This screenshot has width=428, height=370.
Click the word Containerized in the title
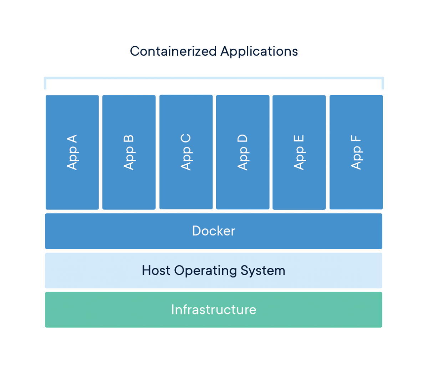click(173, 51)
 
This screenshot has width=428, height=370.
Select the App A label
click(72, 152)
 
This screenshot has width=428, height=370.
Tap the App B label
click(129, 152)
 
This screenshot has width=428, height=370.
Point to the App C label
click(186, 152)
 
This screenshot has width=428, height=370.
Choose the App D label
click(243, 152)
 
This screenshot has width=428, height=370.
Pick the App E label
click(299, 152)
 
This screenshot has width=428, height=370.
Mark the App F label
click(356, 152)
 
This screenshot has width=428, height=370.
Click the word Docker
click(214, 231)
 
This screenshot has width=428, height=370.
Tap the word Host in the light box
click(156, 270)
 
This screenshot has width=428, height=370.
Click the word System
click(263, 271)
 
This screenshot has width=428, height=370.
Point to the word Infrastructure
click(214, 309)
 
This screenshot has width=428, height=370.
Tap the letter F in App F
click(356, 139)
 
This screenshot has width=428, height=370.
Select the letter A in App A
click(72, 139)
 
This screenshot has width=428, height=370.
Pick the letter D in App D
click(243, 139)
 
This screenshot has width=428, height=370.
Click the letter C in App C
click(186, 139)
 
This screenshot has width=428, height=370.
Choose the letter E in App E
click(299, 139)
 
